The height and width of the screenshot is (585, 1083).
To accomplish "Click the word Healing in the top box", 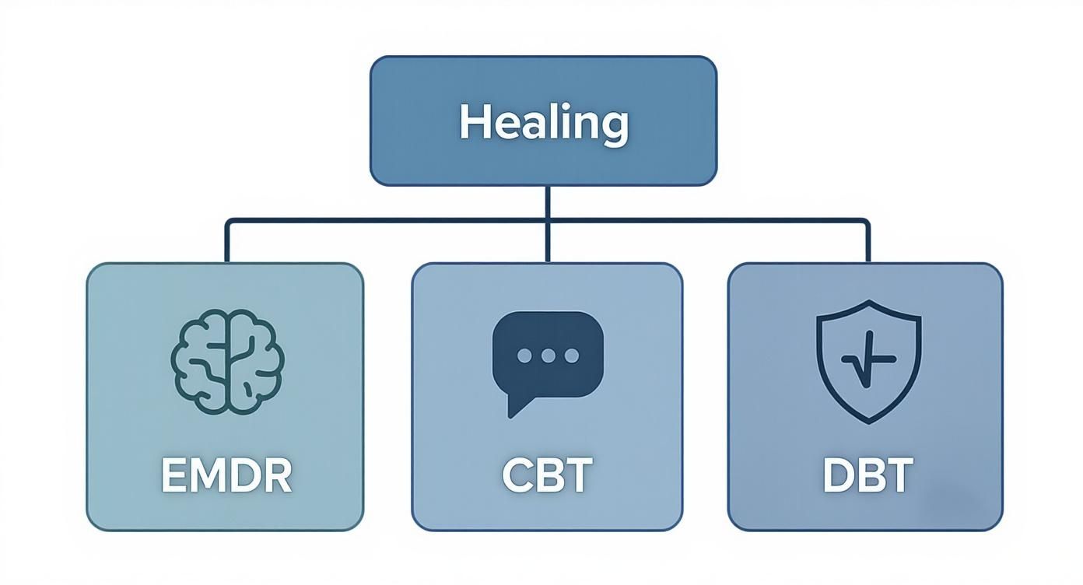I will [x=543, y=123].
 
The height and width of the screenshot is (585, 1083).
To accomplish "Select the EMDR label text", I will [x=226, y=476].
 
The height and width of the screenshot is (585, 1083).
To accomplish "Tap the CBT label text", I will [x=547, y=476].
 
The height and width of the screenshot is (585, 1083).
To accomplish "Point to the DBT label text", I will [x=867, y=476].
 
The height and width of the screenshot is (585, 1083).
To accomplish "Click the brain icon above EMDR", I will [x=227, y=361].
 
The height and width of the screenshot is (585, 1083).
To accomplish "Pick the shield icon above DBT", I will [x=868, y=360].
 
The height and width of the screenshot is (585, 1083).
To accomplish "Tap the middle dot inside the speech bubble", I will [x=548, y=356].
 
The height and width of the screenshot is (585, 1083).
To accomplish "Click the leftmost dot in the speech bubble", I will [x=524, y=356].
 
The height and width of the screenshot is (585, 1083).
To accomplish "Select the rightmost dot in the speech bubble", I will [x=572, y=356].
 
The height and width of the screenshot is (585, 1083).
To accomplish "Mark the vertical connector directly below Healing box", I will [x=548, y=202].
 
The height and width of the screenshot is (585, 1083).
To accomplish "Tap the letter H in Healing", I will [x=471, y=123].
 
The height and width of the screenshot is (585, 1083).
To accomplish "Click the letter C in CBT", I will [x=517, y=476].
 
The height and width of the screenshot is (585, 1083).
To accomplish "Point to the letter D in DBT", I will [x=837, y=476].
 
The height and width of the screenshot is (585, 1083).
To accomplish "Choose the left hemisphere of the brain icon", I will [x=201, y=361].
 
